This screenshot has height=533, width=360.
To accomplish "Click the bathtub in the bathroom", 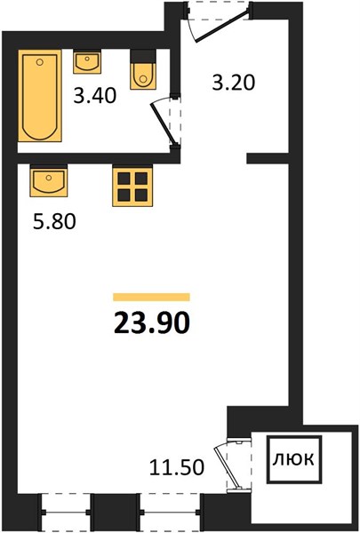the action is pos(40,96).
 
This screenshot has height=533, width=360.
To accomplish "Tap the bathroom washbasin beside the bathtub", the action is pos(87,61).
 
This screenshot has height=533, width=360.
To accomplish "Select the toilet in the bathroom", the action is pos(143,69).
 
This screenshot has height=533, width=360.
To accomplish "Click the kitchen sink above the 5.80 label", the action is pos(49,181).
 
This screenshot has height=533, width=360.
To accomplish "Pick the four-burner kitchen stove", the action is pos(132,186).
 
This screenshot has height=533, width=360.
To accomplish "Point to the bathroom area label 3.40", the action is pos(95,96).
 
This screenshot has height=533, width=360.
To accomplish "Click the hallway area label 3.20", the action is pos(234,83).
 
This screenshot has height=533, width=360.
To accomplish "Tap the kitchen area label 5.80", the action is pos(54,222).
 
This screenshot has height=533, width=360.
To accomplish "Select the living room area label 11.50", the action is pos(177,467).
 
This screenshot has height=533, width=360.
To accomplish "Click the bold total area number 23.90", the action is pos(151,323).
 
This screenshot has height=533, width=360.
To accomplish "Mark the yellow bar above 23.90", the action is pos(151,297).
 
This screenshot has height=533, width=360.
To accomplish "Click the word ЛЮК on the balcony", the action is pos(293,459).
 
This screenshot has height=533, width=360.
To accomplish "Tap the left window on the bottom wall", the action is pos(66,512).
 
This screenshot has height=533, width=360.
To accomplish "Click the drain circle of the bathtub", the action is pos(40,62).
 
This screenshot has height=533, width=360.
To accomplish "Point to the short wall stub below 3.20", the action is pos(268,158).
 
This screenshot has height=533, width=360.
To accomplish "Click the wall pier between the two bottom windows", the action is pos(116,512).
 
